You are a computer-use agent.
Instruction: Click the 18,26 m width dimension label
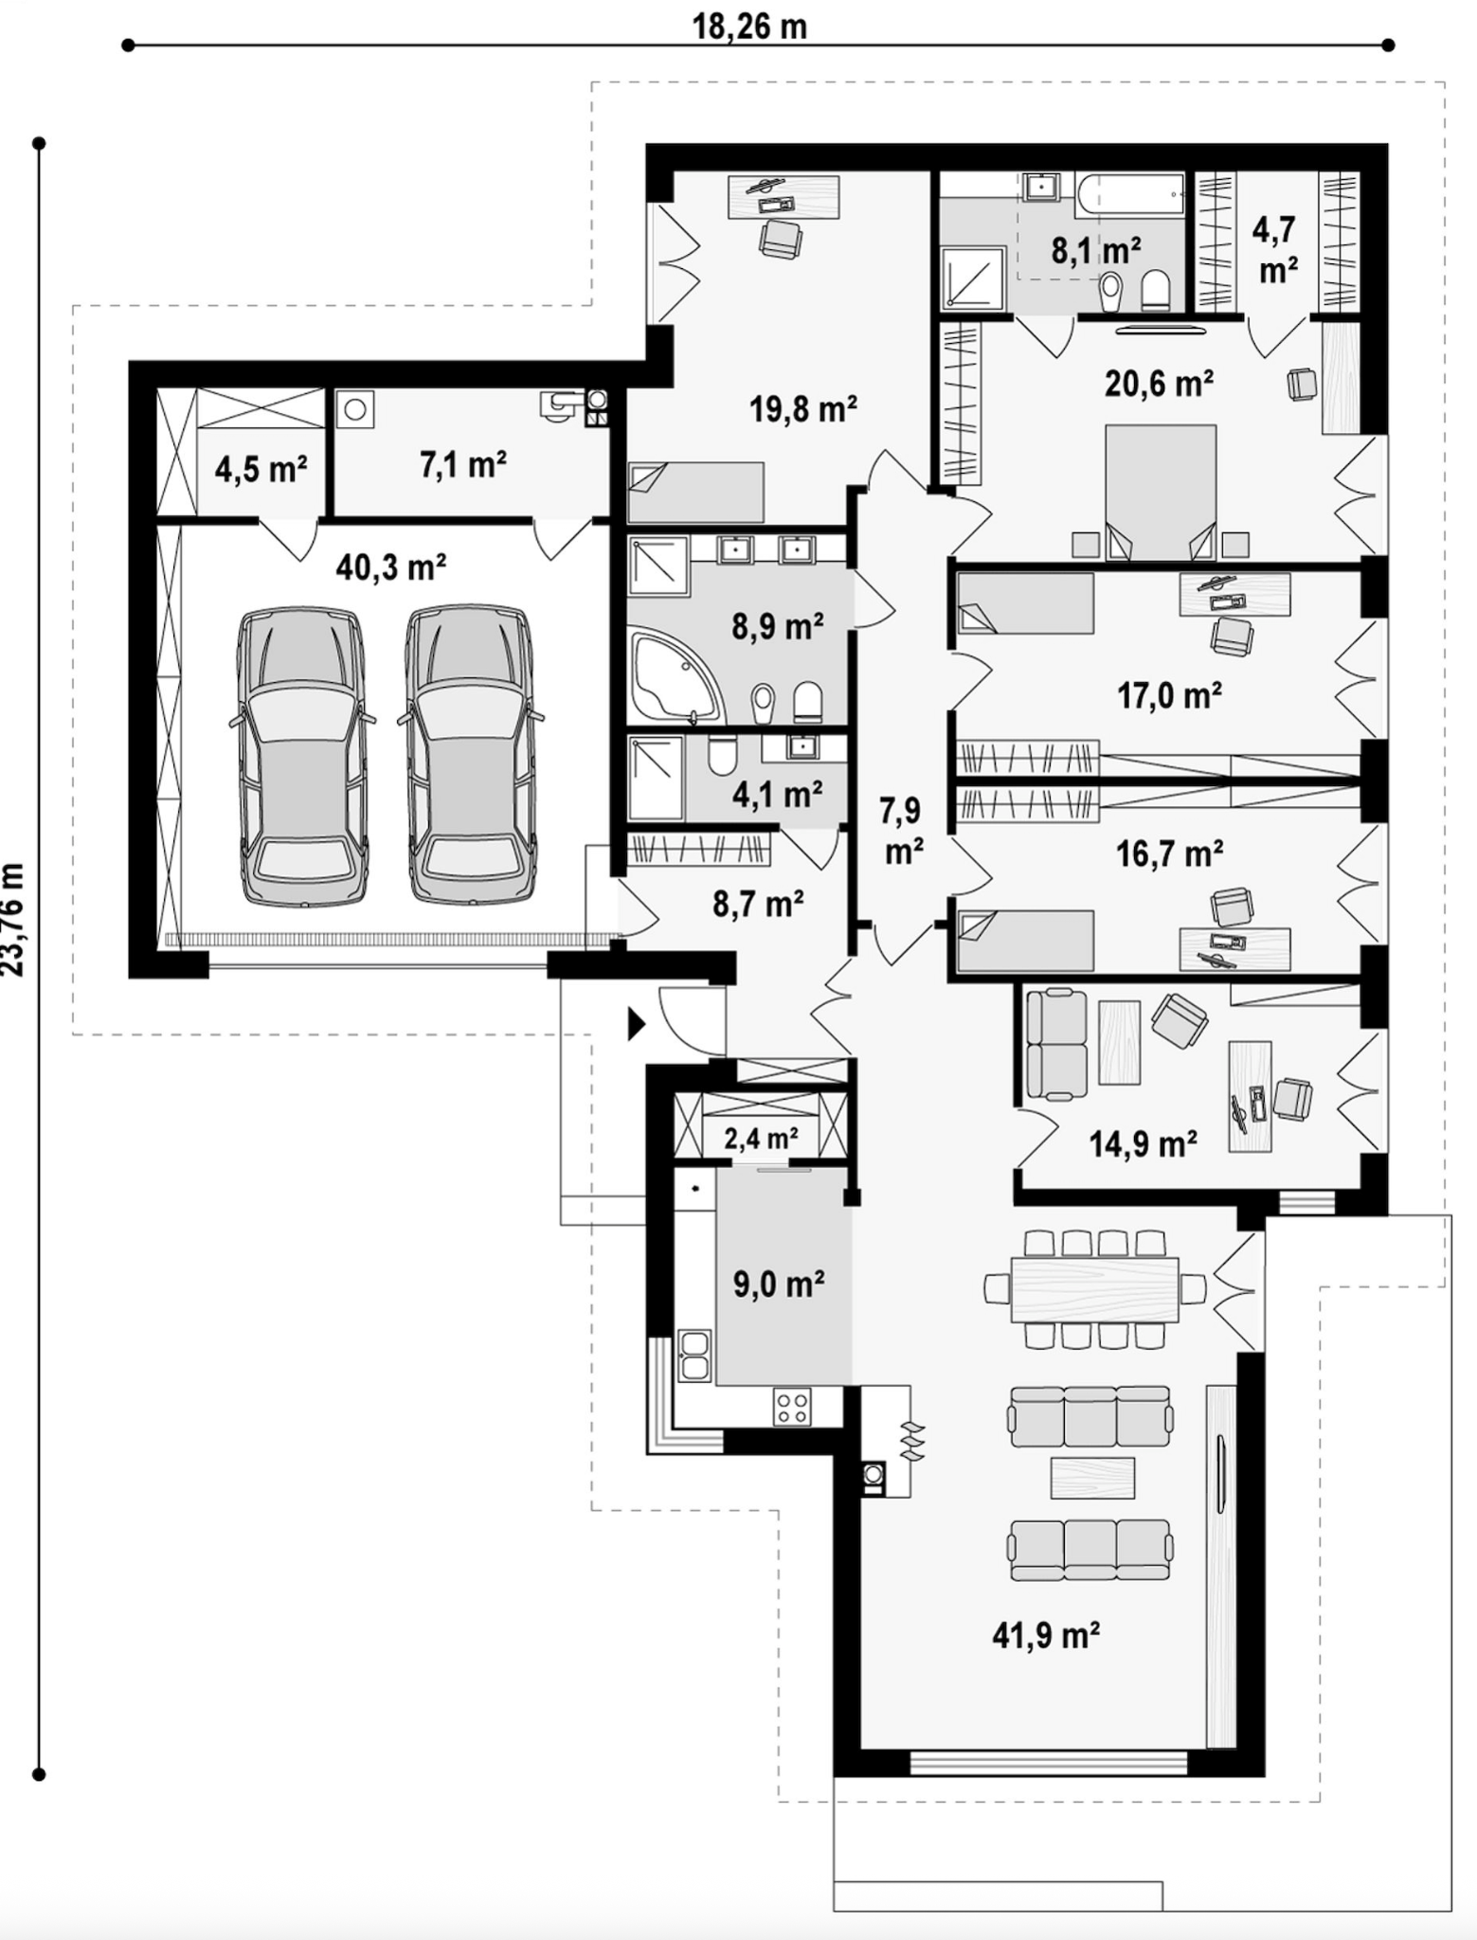coord(748,26)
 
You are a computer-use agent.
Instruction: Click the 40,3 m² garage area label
coord(391,567)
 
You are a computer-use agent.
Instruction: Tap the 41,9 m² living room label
coord(1046,1635)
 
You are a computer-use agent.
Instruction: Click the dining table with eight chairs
coord(1095,1289)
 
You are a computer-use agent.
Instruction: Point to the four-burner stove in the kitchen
coord(792,1406)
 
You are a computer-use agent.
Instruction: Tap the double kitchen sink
coord(694,1356)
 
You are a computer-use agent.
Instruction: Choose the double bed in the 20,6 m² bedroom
coord(1160,492)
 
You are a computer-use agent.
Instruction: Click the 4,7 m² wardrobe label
coord(1276,250)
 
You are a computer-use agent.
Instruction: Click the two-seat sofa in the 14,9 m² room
coord(1056,1044)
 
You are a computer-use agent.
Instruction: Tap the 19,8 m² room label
coord(803,409)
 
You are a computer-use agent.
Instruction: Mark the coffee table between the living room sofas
coord(1092,1478)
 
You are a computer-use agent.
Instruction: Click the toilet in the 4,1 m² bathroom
coord(722,757)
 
